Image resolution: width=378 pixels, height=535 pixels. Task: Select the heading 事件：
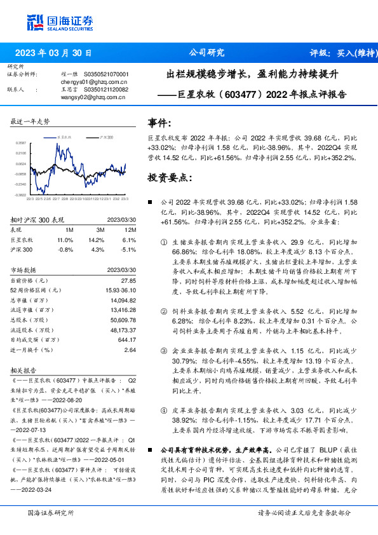click(x=159, y=123)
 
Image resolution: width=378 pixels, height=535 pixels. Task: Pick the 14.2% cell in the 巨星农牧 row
click(x=96, y=240)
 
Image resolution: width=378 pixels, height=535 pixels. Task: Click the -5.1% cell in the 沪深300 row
click(x=129, y=249)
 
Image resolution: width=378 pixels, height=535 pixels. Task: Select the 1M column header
click(x=69, y=230)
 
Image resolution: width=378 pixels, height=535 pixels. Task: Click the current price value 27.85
click(x=129, y=281)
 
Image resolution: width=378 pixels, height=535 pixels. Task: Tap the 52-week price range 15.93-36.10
click(x=119, y=290)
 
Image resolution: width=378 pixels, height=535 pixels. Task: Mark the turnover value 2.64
click(x=130, y=349)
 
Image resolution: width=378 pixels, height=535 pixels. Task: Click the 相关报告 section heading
click(x=27, y=369)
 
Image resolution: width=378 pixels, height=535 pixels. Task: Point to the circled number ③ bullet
click(x=165, y=351)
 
